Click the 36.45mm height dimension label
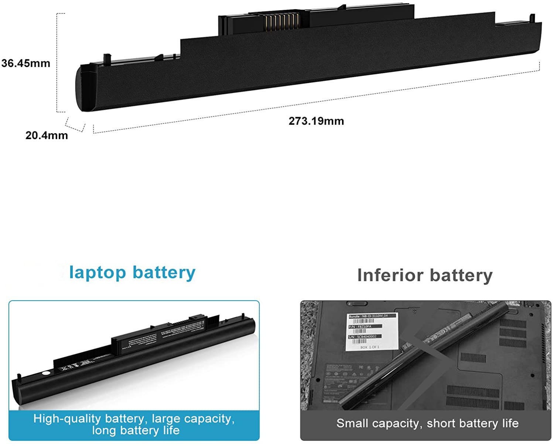point(25,63)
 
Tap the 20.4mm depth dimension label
point(47,135)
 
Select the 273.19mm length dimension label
point(316,121)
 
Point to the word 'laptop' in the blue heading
point(98,273)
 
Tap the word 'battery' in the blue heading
point(164,273)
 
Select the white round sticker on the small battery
point(45,374)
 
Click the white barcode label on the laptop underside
point(372,332)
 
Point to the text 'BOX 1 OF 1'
point(370,347)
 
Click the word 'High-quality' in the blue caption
point(67,419)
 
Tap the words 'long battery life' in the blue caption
point(136,430)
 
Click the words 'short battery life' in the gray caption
point(473,423)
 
